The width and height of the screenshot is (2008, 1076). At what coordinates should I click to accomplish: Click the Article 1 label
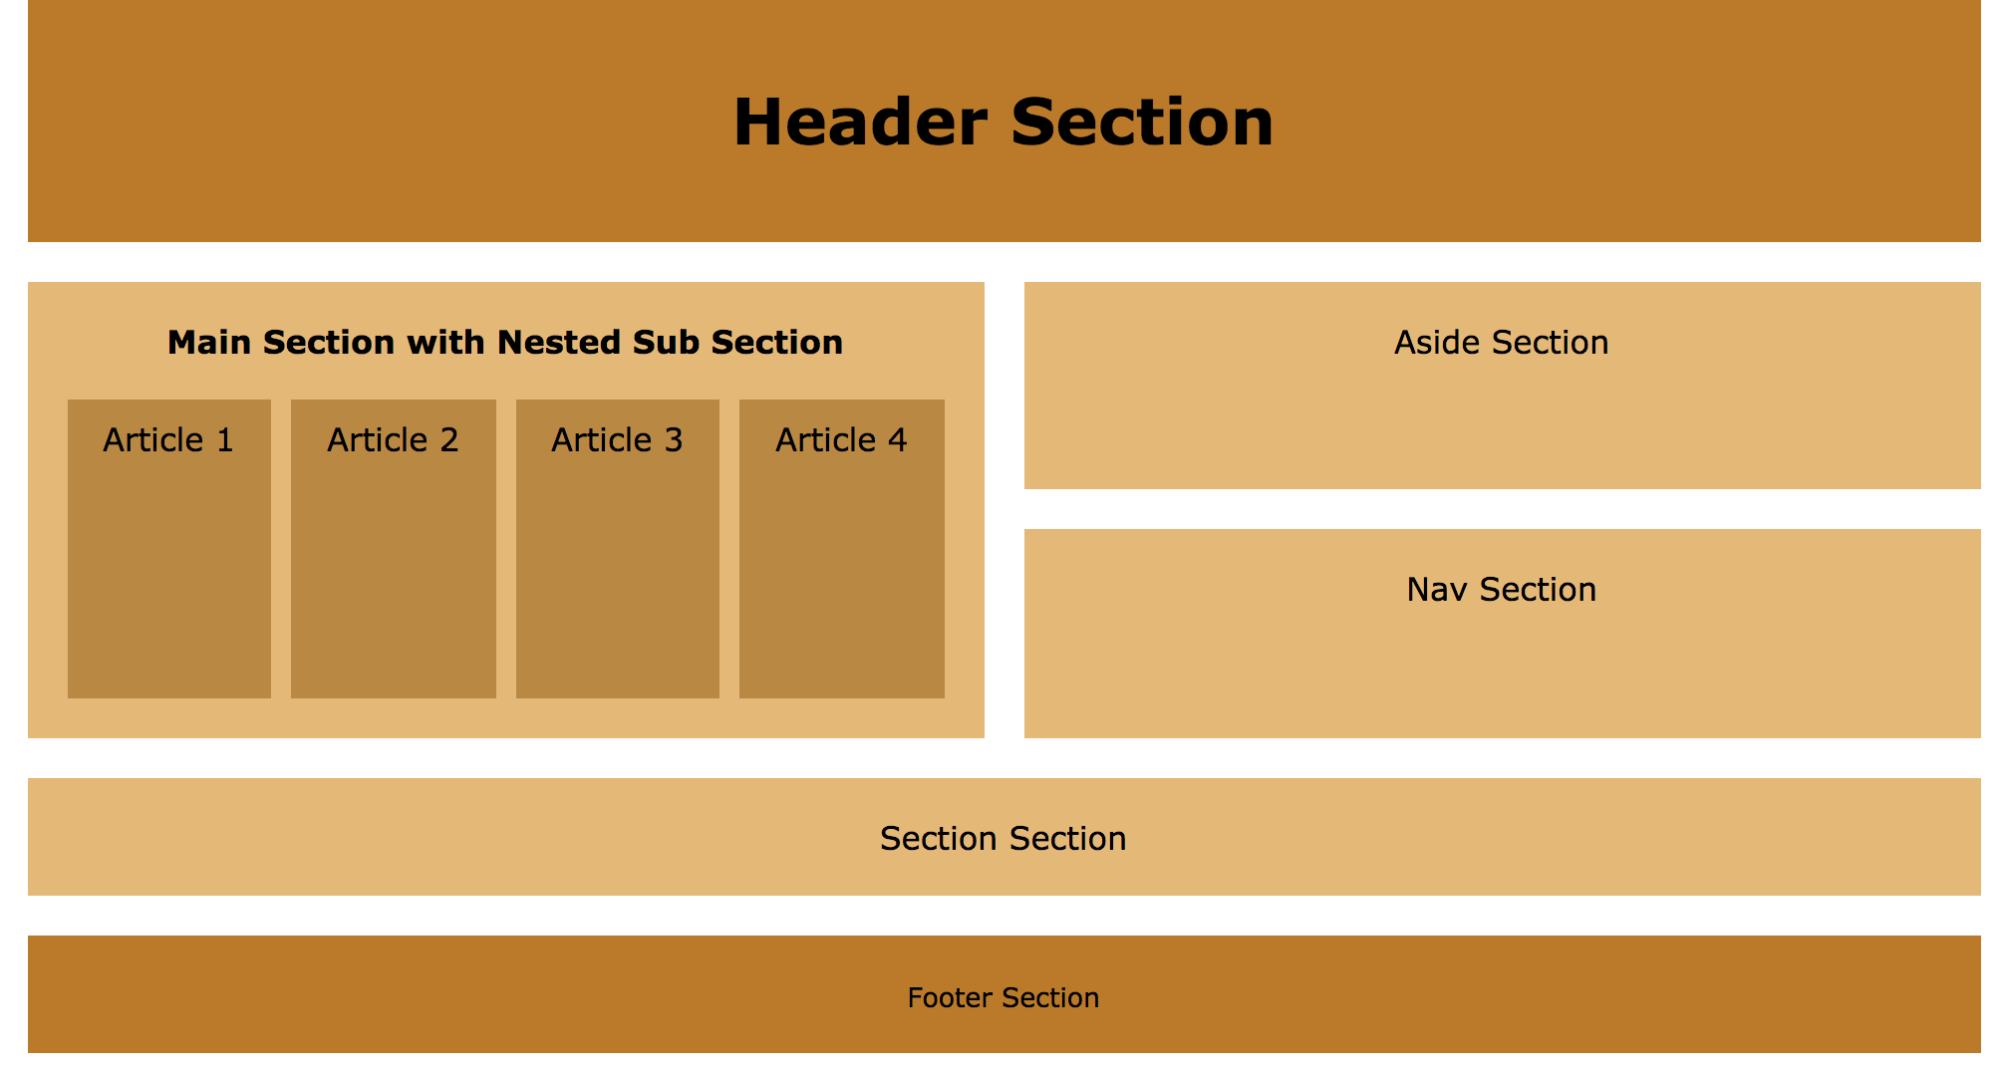[168, 440]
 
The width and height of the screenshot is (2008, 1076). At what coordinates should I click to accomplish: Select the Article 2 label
[393, 440]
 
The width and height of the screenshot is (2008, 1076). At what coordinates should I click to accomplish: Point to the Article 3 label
[617, 440]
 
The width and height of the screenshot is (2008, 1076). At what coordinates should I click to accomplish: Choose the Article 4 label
[841, 440]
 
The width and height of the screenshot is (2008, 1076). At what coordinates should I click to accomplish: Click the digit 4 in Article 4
[897, 440]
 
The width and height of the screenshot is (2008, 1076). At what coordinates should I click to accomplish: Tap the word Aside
[1430, 343]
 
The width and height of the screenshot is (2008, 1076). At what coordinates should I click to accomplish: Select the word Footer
[950, 998]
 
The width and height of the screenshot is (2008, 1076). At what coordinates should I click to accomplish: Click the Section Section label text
[1003, 839]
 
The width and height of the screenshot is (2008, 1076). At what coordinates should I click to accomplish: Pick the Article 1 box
[169, 578]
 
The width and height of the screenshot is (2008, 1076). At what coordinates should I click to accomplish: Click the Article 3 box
[618, 578]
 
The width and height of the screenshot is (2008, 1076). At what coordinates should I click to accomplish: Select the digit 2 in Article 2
[448, 440]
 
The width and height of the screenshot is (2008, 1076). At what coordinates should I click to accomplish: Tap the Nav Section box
[1502, 668]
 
